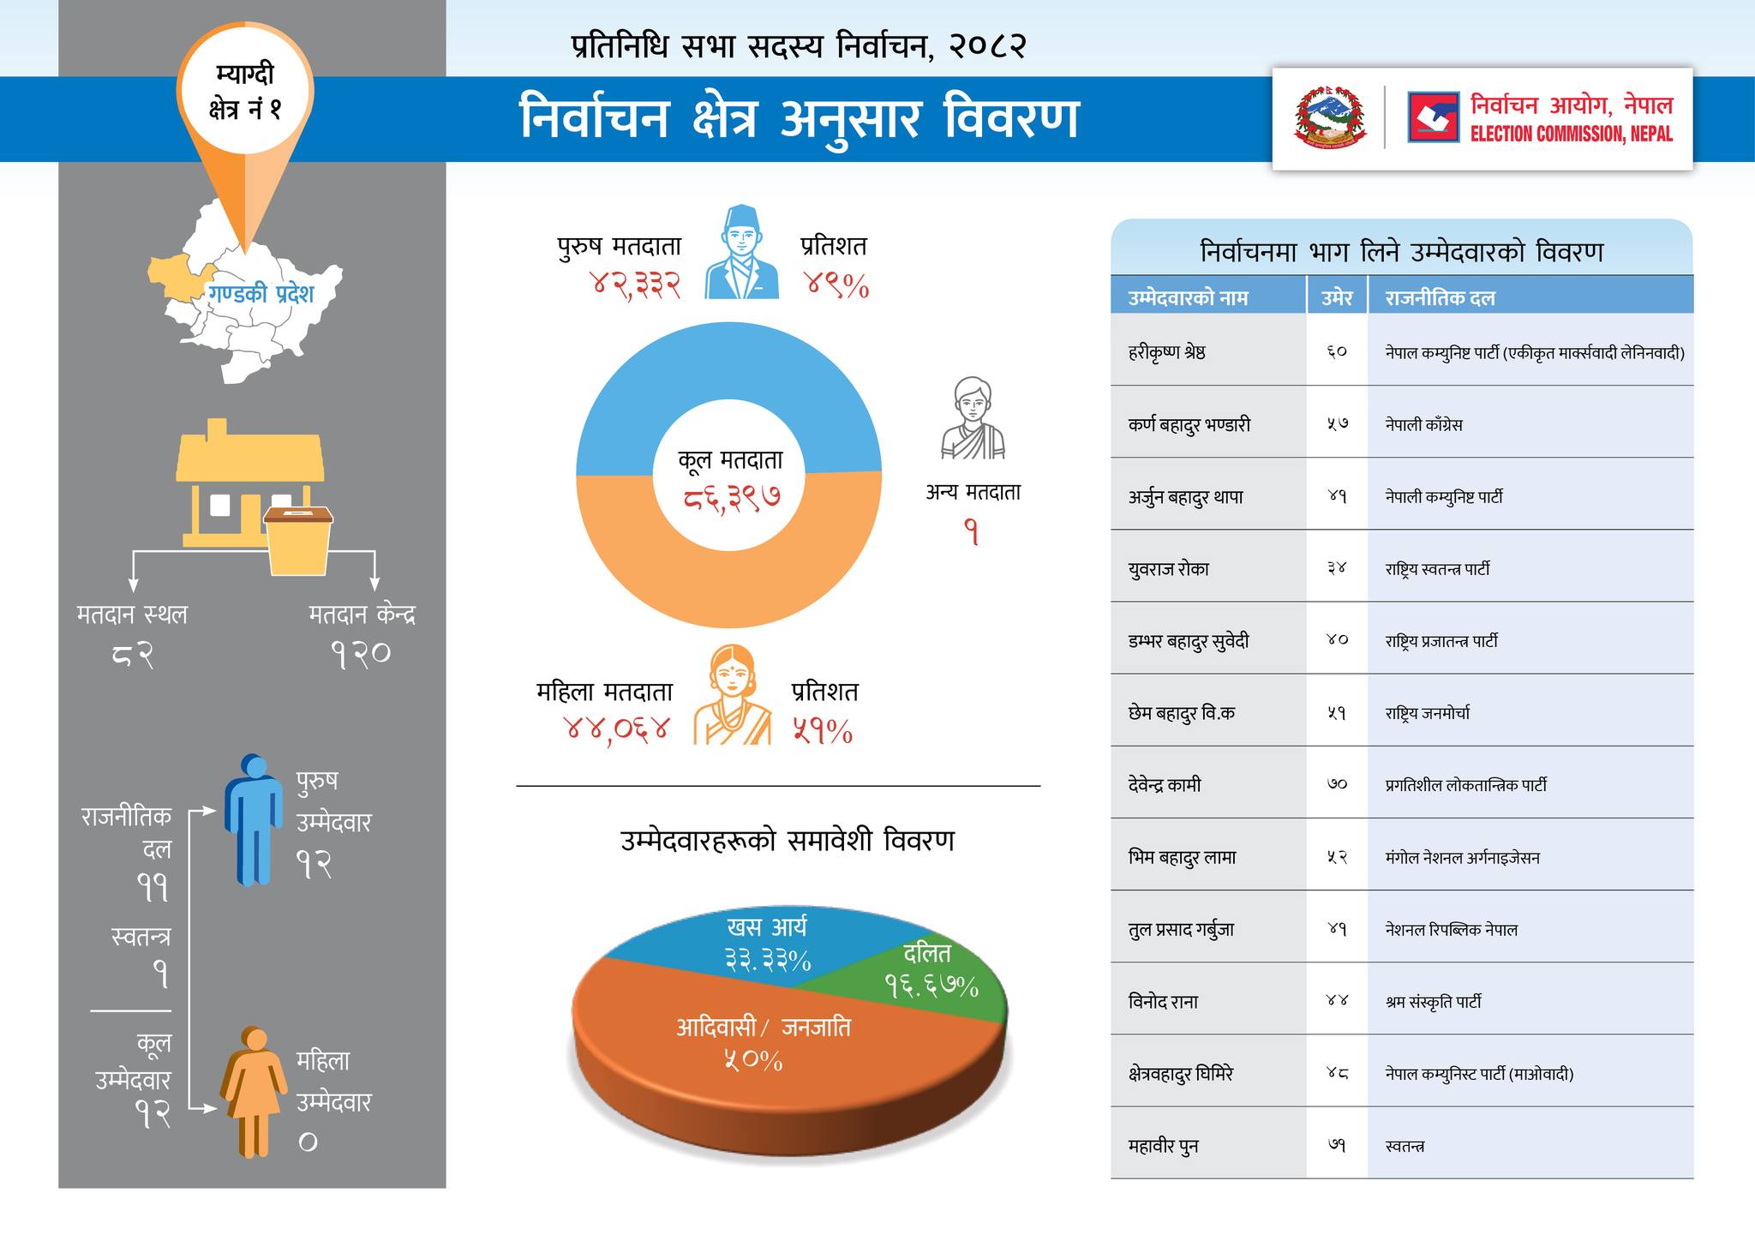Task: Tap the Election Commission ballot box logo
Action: coord(1433,117)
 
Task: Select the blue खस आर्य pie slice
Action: coord(754,943)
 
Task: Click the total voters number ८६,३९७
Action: coord(731,497)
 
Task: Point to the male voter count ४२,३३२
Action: coord(636,285)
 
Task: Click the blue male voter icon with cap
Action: coord(741,253)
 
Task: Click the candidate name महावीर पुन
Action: coord(1163,1146)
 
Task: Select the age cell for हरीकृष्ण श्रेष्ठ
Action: coord(1337,351)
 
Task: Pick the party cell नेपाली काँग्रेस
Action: coord(1423,424)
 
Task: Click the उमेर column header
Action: coord(1337,298)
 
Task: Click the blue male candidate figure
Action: coord(254,818)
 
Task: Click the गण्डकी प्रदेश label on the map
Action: coord(261,294)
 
